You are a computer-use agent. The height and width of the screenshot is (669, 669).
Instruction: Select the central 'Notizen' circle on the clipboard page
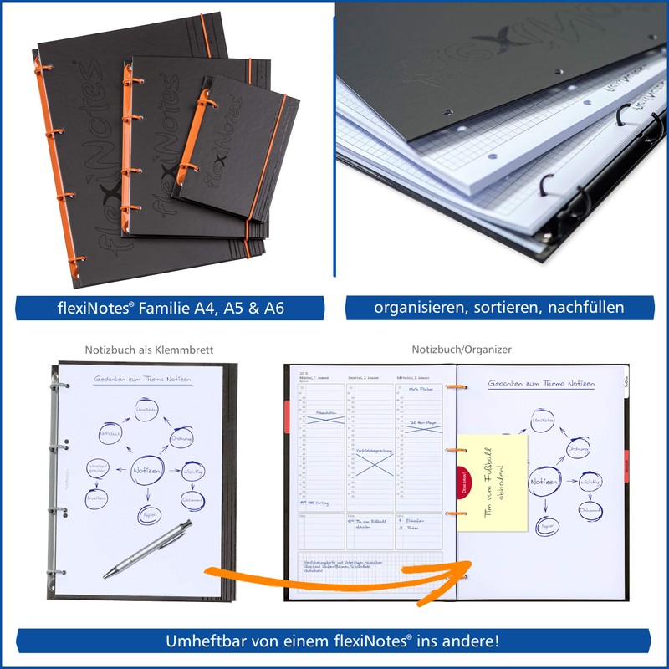click(148, 471)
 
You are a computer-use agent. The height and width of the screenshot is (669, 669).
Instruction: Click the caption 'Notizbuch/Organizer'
click(462, 350)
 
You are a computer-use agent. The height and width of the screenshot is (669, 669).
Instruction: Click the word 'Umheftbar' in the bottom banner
click(207, 641)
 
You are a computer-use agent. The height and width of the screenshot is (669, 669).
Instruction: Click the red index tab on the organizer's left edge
click(287, 416)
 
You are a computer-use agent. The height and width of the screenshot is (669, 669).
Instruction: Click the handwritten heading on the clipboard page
click(142, 380)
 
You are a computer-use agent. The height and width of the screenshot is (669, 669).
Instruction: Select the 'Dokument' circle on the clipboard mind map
click(193, 499)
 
